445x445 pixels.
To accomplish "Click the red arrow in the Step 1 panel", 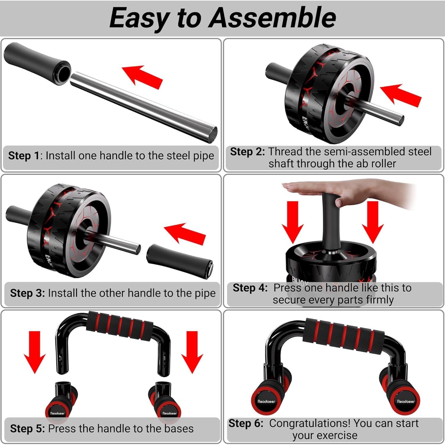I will [143, 77].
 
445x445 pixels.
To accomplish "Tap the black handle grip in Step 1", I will [37, 63].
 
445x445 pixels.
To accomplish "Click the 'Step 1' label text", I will [24, 156].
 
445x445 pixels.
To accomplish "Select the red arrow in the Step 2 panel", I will [401, 95].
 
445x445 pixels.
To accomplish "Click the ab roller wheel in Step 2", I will [328, 93].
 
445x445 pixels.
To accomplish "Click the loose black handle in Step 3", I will [179, 261].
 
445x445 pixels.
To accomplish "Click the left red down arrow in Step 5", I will [35, 352].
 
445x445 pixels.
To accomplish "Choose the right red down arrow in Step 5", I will [193, 352].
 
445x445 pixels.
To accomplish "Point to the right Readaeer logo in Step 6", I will [406, 401].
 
